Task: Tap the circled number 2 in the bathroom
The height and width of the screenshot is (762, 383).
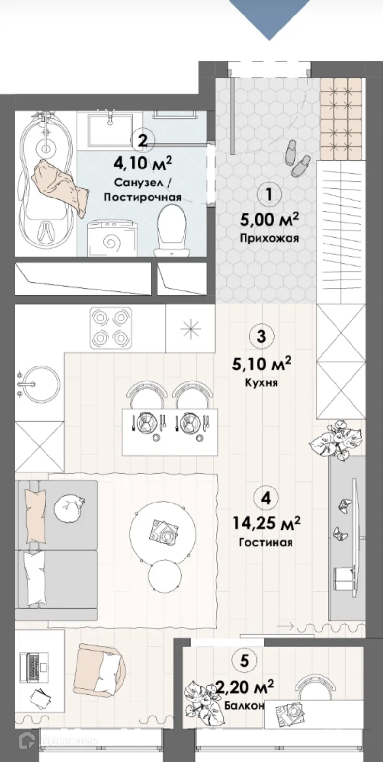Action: point(142,140)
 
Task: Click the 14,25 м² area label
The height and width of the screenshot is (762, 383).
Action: point(266,522)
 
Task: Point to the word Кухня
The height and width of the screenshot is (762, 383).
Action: point(261,382)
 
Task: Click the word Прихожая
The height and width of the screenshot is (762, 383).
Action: point(269,238)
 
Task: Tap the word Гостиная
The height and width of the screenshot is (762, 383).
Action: point(265,542)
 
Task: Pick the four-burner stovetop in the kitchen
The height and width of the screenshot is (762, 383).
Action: point(110,328)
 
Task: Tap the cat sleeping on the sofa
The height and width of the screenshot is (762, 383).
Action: point(69,508)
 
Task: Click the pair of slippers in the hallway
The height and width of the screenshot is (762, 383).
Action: point(296,158)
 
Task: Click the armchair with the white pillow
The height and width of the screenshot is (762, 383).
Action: point(100,670)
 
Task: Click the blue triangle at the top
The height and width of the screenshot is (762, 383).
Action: point(269,17)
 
